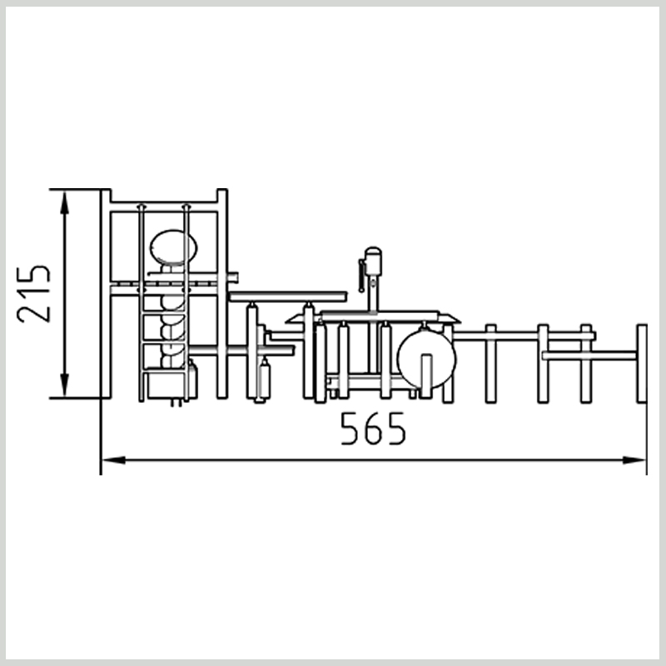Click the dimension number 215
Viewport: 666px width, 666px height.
coord(33,294)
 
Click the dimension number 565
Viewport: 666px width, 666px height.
coord(373,429)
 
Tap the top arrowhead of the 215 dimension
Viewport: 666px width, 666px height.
coord(64,202)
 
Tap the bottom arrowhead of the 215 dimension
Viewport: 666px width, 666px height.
coord(64,385)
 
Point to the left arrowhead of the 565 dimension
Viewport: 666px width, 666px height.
coord(114,460)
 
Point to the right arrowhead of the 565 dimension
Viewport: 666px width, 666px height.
coord(634,460)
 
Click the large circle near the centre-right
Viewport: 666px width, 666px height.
coord(426,359)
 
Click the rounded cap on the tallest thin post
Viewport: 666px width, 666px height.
coord(373,252)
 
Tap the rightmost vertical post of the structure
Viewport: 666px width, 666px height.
coord(642,363)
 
